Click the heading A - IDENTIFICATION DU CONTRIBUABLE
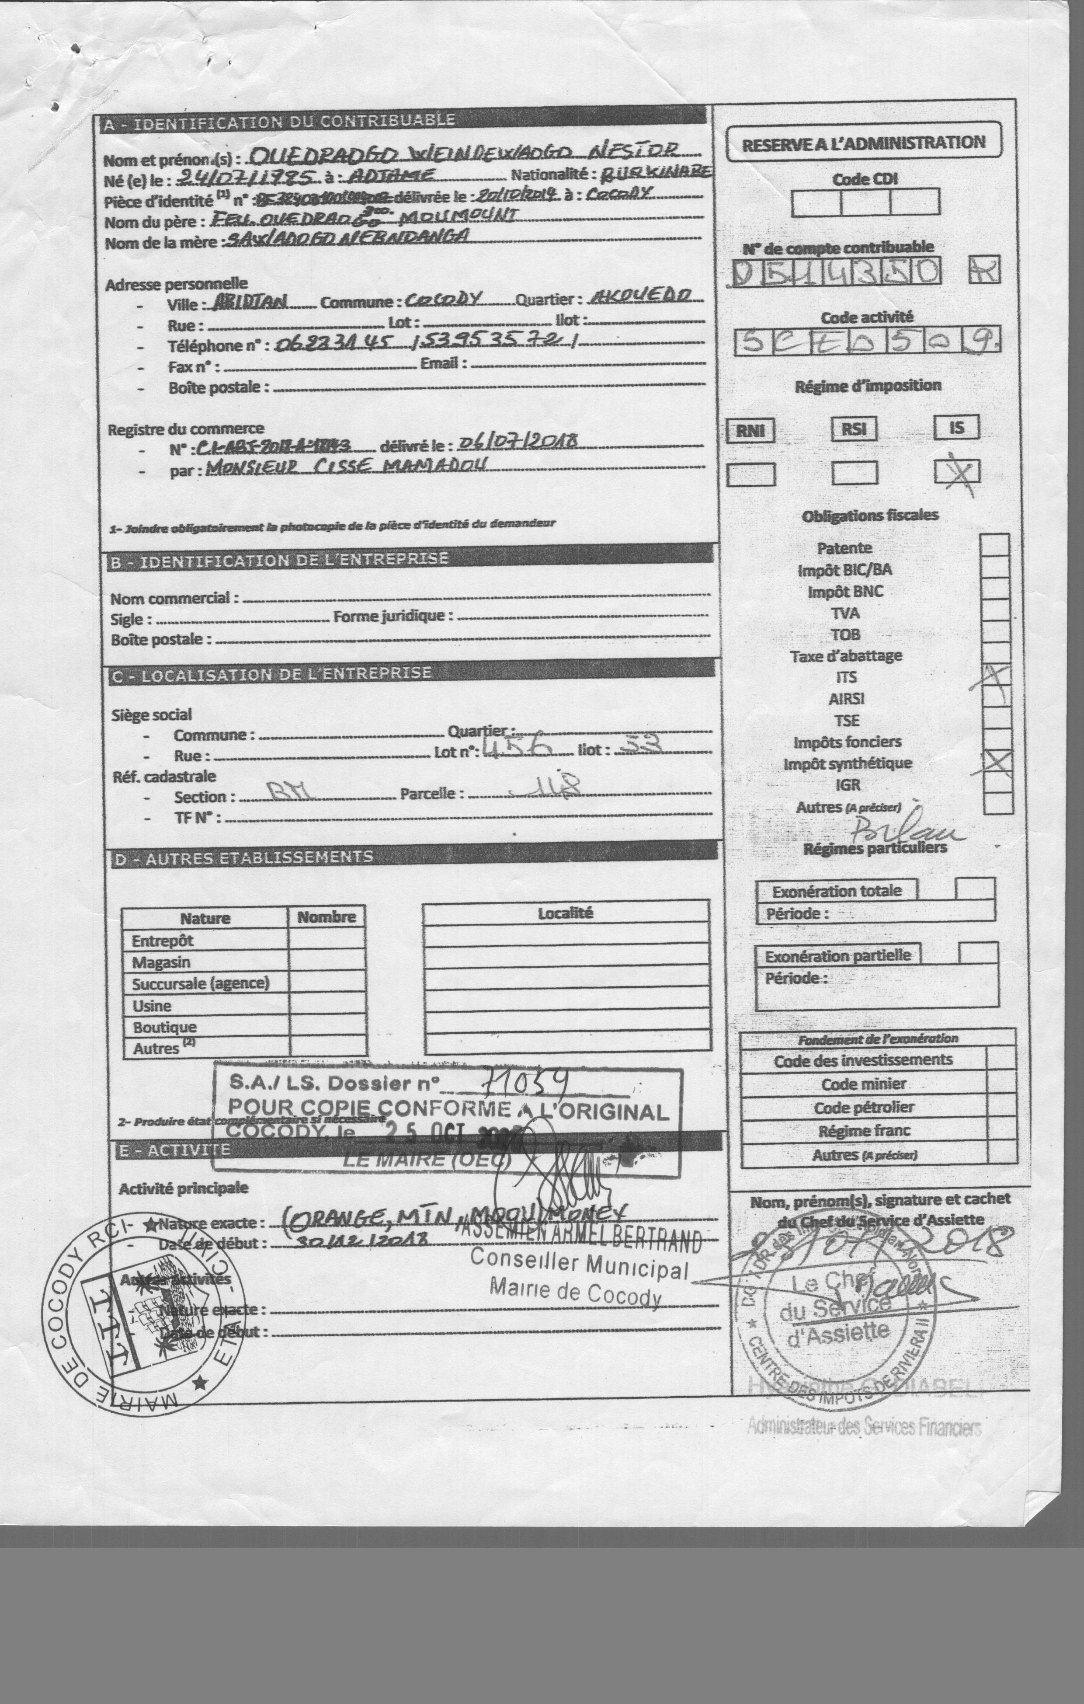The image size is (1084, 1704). (279, 122)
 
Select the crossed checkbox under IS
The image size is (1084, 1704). (957, 471)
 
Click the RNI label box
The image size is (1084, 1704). (750, 430)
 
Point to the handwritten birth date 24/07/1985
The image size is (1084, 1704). (239, 177)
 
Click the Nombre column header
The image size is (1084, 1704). (326, 917)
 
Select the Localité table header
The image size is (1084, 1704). (565, 913)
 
